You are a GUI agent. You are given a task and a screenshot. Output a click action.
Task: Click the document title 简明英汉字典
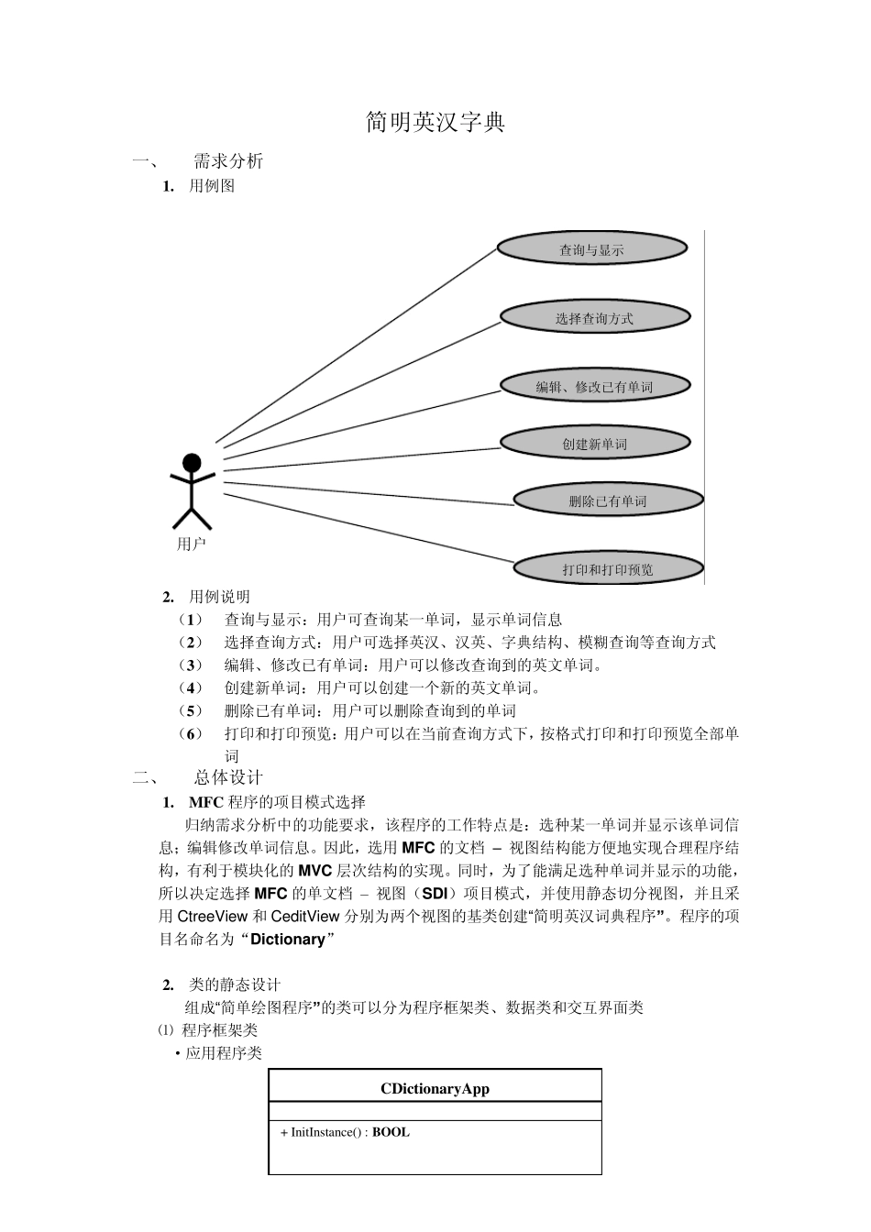(x=435, y=122)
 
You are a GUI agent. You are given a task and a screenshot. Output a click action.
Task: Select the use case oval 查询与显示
(x=591, y=249)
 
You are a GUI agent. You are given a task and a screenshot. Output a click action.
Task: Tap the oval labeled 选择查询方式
(x=594, y=318)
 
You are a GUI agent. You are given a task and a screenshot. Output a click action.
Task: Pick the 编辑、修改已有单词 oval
(x=594, y=387)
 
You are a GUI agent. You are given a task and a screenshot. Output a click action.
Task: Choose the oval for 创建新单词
(x=594, y=444)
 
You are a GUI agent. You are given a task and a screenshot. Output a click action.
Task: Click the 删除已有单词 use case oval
(x=607, y=500)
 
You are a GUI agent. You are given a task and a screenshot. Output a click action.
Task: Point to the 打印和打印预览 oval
(x=607, y=569)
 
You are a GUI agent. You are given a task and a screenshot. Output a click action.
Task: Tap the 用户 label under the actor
(x=192, y=544)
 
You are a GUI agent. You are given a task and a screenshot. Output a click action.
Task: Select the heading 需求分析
(x=228, y=161)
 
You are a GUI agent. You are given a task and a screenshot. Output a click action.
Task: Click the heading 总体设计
(x=228, y=778)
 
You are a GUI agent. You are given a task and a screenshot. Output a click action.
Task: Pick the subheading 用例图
(x=212, y=186)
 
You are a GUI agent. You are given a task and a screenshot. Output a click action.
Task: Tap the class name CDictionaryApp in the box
(x=435, y=1089)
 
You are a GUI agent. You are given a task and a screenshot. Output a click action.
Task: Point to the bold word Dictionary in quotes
(x=287, y=940)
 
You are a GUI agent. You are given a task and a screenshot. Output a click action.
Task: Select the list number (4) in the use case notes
(x=191, y=688)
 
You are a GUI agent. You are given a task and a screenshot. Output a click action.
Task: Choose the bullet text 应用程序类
(x=224, y=1053)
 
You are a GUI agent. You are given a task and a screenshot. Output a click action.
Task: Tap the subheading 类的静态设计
(x=234, y=984)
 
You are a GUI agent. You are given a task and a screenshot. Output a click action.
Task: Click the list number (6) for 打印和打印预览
(x=191, y=734)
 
